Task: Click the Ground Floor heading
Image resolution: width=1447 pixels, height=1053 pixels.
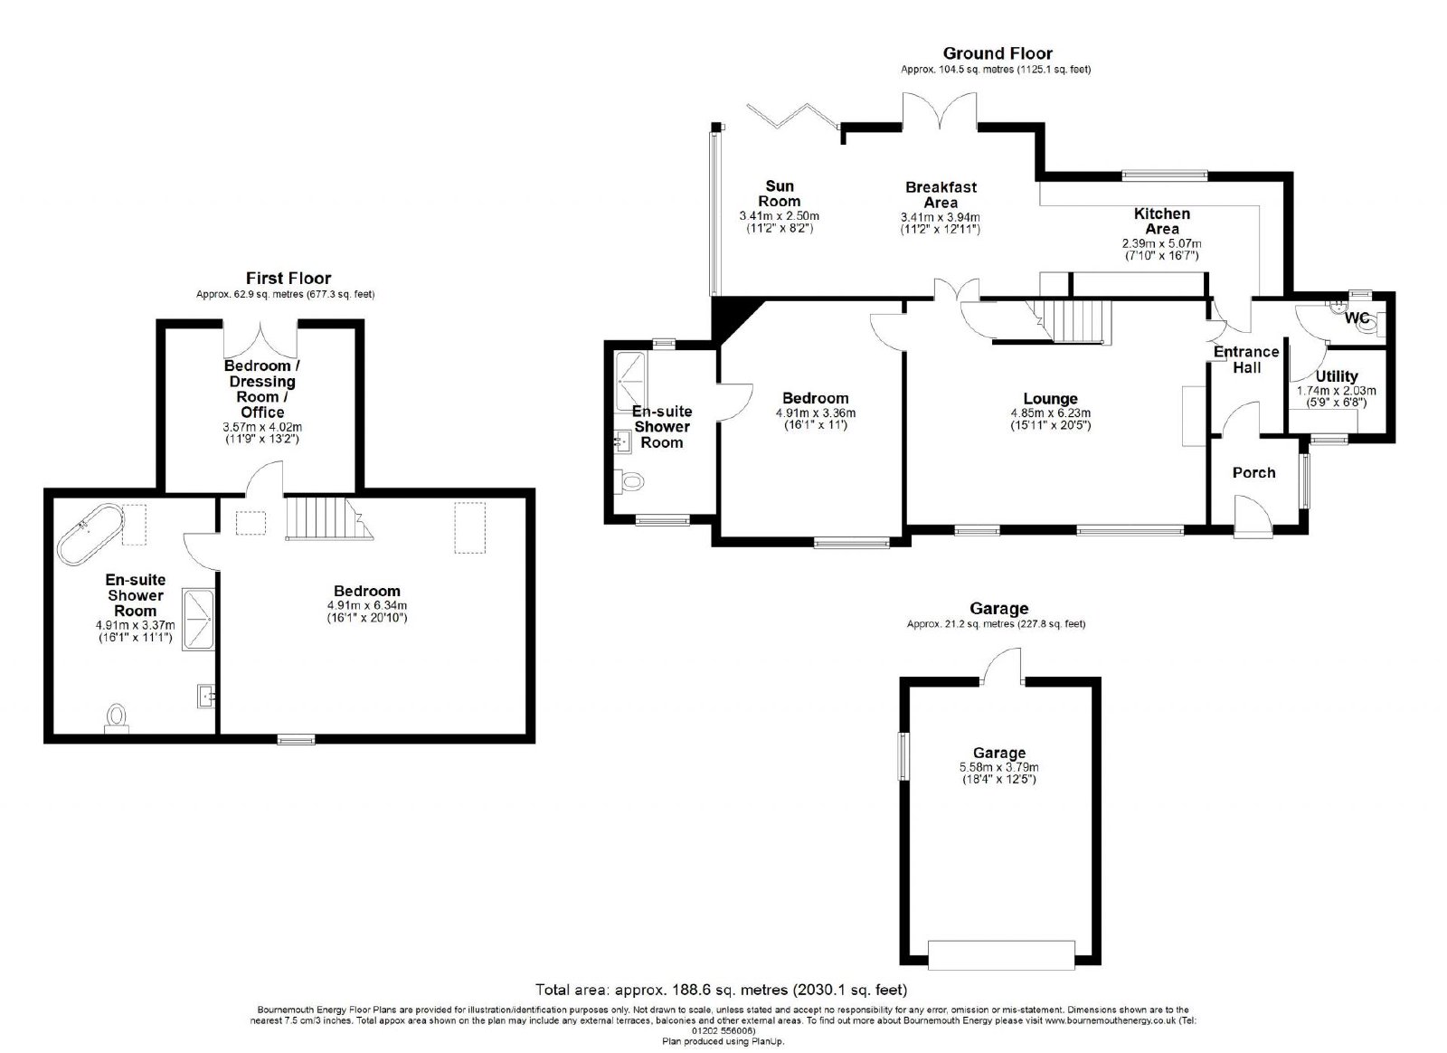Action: pyautogui.click(x=998, y=53)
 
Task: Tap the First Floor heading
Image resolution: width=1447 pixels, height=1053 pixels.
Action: pyautogui.click(x=288, y=279)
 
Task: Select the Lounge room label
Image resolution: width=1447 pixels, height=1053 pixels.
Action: pyautogui.click(x=1050, y=399)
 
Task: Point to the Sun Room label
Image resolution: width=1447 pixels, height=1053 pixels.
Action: pyautogui.click(x=779, y=194)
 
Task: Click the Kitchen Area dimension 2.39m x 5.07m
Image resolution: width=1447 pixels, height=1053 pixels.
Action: pyautogui.click(x=1161, y=244)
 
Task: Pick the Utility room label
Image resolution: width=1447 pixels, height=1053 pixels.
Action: pyautogui.click(x=1337, y=376)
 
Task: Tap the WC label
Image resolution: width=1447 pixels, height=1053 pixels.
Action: pyautogui.click(x=1357, y=318)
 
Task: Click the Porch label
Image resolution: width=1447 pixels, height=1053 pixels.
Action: pyautogui.click(x=1253, y=473)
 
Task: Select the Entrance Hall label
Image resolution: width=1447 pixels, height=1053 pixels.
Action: pyautogui.click(x=1246, y=360)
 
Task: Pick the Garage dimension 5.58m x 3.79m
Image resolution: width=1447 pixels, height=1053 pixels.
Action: pyautogui.click(x=998, y=767)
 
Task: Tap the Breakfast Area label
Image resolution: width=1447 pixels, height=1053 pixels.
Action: pyautogui.click(x=941, y=195)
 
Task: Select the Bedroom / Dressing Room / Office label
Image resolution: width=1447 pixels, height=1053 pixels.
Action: pyautogui.click(x=261, y=389)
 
